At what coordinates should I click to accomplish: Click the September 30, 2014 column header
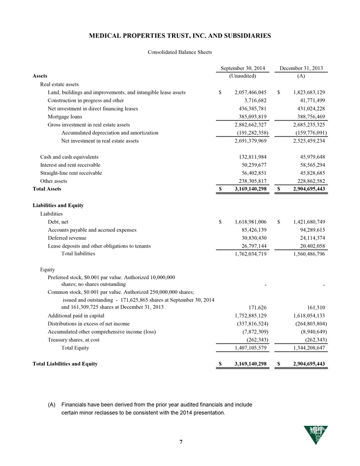tap(242, 68)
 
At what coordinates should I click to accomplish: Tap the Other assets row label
tap(55, 179)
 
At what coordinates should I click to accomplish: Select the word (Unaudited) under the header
tap(242, 76)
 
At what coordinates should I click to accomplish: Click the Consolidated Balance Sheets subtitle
tap(180, 52)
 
